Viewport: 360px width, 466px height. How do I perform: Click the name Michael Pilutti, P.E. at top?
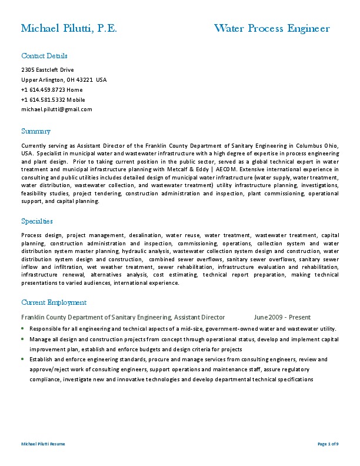tap(69, 29)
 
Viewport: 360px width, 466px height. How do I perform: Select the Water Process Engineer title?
tap(272, 29)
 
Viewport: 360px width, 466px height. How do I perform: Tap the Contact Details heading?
tap(44, 56)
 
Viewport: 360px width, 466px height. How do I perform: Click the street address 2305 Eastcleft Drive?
tap(48, 70)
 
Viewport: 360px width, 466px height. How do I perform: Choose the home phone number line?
tap(52, 90)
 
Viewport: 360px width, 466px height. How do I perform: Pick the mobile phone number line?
tap(53, 99)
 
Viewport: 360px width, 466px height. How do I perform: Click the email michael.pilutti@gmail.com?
tap(56, 109)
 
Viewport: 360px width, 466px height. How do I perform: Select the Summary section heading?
tap(36, 131)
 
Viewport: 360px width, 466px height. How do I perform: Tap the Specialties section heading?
tap(37, 221)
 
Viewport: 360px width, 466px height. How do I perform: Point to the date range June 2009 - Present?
tap(282, 317)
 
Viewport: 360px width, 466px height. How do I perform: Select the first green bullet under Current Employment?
tap(23, 328)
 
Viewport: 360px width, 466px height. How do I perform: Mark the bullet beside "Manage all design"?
tap(23, 339)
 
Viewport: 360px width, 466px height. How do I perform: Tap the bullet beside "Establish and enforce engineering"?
tap(23, 359)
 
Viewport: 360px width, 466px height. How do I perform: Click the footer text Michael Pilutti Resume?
tap(43, 444)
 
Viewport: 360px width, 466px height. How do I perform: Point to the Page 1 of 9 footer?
tap(328, 444)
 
